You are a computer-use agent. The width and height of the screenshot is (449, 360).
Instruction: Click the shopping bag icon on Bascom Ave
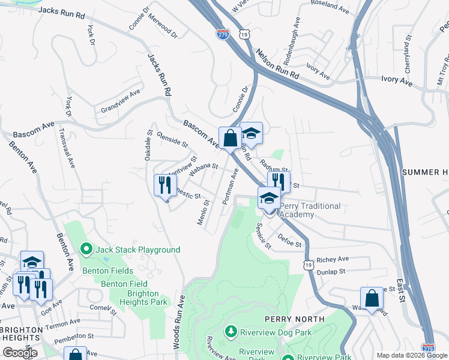tap(230, 139)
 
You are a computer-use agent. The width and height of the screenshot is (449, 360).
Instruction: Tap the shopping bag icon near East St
tap(372, 298)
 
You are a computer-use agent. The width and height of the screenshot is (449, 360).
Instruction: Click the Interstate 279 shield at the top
tap(223, 34)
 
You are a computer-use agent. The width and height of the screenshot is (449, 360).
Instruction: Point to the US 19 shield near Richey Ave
tap(308, 265)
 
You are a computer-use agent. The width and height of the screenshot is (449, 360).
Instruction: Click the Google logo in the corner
tap(20, 353)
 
